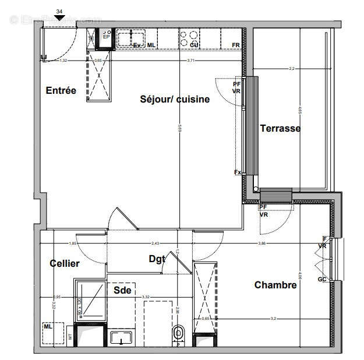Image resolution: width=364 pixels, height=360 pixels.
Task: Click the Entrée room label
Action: (61, 90)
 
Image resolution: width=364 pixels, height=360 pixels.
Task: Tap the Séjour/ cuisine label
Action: (175, 99)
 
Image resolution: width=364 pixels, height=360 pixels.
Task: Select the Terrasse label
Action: (280, 128)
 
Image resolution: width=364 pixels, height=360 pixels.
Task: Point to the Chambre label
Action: (275, 285)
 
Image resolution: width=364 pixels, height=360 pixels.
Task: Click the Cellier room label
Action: (64, 263)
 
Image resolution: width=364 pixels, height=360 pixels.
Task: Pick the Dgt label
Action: (156, 259)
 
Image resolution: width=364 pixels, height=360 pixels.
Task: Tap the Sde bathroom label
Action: (122, 290)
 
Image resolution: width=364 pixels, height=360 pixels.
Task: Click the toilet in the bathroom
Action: (178, 334)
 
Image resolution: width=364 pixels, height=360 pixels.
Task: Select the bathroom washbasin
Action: (123, 337)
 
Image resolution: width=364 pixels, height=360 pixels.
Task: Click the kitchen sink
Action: (126, 38)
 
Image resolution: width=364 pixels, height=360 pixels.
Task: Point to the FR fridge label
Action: (236, 45)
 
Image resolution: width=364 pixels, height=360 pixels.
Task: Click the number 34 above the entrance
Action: (59, 11)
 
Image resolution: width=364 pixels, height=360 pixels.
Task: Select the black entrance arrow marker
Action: (59, 18)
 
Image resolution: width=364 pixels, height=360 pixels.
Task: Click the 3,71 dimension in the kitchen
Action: (186, 60)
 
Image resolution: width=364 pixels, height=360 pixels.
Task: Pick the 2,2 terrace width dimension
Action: (292, 69)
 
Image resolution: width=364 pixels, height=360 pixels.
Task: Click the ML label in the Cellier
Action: (47, 327)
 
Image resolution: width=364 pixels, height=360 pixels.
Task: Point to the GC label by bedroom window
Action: (322, 279)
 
